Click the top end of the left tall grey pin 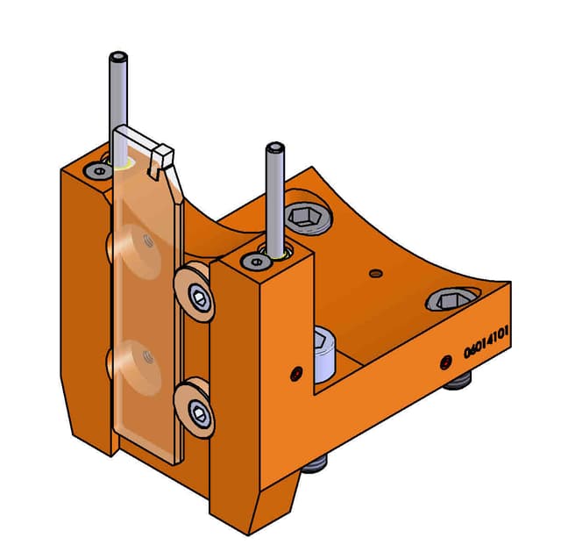coord(117,58)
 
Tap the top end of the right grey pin coord(274,148)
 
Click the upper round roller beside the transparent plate coord(195,295)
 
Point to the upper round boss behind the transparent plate coord(137,251)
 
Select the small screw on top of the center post coord(255,262)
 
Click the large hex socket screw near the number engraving coord(449,302)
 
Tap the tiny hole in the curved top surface coord(376,273)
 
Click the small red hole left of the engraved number coord(444,361)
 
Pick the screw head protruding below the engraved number coord(458,379)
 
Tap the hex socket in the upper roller coord(202,299)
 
